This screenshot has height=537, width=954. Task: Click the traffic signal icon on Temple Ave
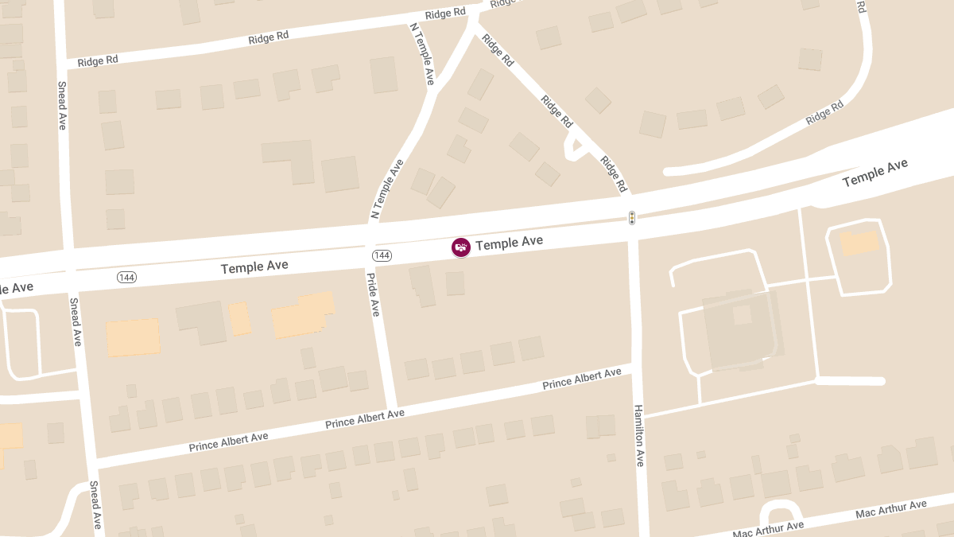pyautogui.click(x=632, y=217)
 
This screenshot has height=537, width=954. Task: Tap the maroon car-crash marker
pyautogui.click(x=461, y=247)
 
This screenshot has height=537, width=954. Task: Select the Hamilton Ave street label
pyautogui.click(x=639, y=435)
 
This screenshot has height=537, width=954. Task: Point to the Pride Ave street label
pyautogui.click(x=373, y=294)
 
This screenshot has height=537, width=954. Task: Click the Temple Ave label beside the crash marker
pyautogui.click(x=509, y=242)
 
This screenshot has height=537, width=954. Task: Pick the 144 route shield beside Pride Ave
pyautogui.click(x=382, y=255)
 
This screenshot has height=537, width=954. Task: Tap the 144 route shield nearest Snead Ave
pyautogui.click(x=126, y=277)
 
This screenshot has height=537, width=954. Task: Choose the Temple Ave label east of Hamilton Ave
pyautogui.click(x=874, y=173)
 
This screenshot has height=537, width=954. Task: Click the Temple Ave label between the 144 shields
pyautogui.click(x=254, y=267)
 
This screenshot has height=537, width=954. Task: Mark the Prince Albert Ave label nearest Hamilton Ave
pyautogui.click(x=582, y=379)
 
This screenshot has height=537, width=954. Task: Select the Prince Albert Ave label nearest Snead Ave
pyautogui.click(x=228, y=442)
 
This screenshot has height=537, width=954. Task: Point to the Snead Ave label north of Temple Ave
pyautogui.click(x=62, y=105)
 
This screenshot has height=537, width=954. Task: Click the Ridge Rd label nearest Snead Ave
pyautogui.click(x=99, y=61)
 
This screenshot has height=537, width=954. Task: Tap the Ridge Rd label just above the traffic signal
pyautogui.click(x=614, y=174)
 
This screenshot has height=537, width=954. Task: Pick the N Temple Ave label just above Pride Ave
pyautogui.click(x=387, y=189)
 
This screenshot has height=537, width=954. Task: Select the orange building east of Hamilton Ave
pyautogui.click(x=859, y=243)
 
